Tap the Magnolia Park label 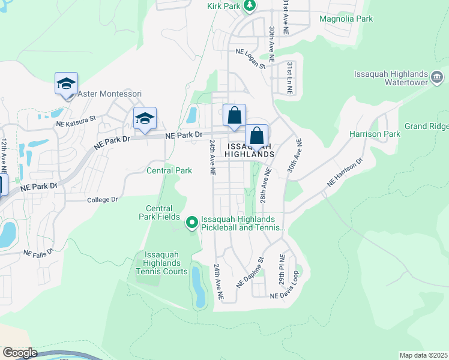346,19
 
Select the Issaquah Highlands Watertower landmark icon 437,77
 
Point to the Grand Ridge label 426,126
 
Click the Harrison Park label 375,134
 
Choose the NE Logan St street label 250,59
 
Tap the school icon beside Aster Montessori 67,84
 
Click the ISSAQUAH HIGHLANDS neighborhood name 249,150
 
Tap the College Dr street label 103,200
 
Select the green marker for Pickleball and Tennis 192,223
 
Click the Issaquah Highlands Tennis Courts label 161,263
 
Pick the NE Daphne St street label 250,273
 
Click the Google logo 20,353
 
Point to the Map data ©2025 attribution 423,355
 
